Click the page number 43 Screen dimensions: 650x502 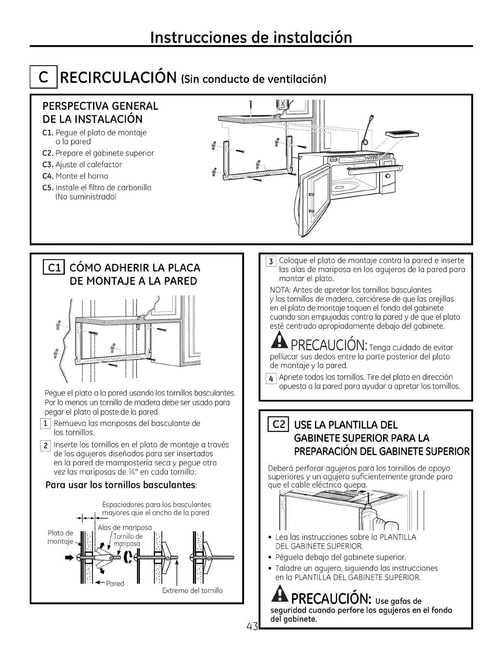pos(252,626)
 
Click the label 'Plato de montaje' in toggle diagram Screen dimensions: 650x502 pos(60,537)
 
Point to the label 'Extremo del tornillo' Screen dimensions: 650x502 pos(192,590)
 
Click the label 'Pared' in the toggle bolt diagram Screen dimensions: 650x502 pos(115,583)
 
